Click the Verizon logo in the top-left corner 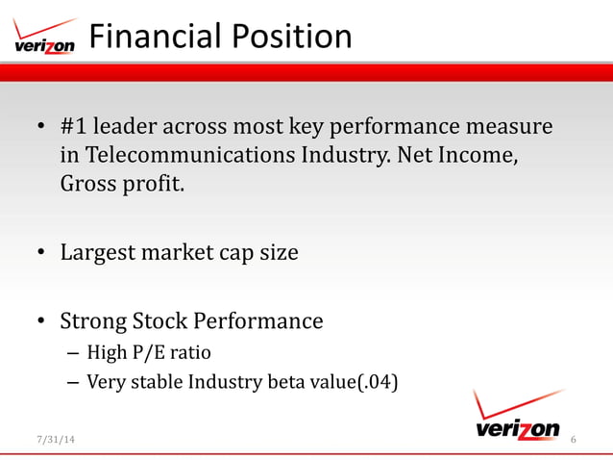44,38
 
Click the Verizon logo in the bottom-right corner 517,416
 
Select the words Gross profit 121,183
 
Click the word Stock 169,320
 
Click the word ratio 191,352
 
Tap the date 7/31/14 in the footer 53,440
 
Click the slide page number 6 573,440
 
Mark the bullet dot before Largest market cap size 41,254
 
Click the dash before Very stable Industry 73,382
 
